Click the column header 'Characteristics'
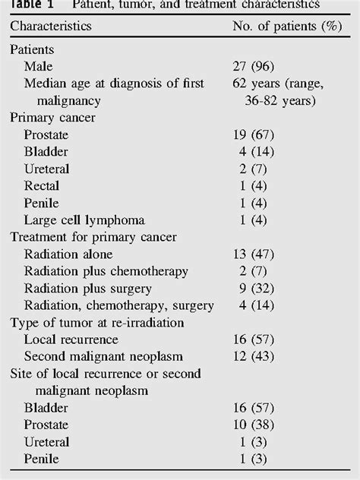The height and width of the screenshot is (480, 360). [51, 26]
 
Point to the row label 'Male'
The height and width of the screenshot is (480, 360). [39, 66]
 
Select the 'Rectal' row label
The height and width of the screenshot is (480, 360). [43, 185]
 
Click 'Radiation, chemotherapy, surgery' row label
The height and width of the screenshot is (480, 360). [119, 305]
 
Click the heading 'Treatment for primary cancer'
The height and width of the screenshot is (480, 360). [93, 237]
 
